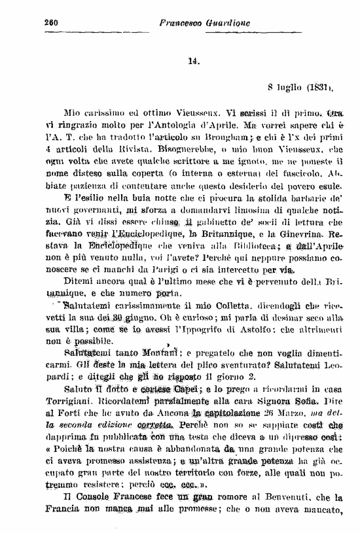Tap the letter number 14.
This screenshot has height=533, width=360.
click(x=193, y=62)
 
